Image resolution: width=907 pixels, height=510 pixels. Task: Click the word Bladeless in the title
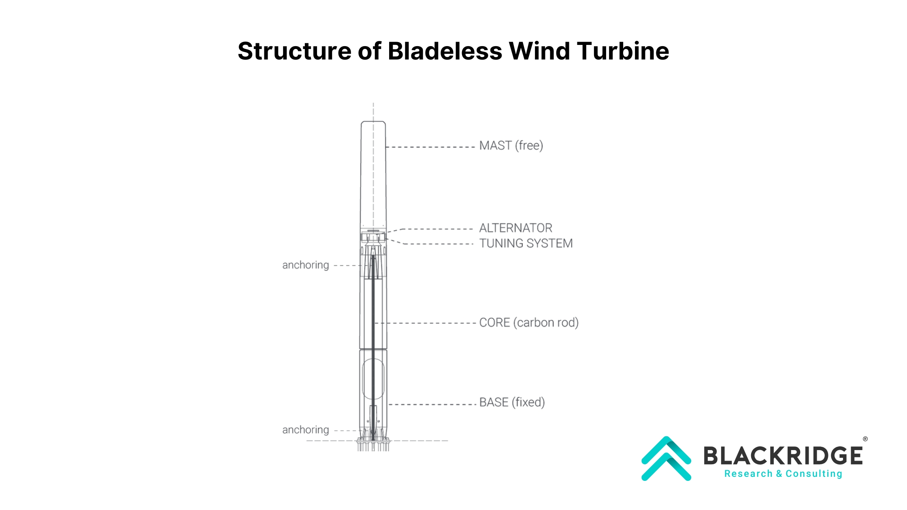[445, 51]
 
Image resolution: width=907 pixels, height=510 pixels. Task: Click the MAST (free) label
[511, 146]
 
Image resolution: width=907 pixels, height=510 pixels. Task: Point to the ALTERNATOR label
[515, 228]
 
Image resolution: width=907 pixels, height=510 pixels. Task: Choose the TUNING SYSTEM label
[526, 243]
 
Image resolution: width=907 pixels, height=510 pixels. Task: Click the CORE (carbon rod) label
[528, 323]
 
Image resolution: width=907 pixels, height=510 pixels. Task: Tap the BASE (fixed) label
[512, 402]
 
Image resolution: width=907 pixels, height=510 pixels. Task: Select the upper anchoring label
[305, 265]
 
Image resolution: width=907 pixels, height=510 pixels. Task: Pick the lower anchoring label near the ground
[305, 430]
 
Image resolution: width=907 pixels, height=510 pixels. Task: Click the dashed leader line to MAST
[430, 147]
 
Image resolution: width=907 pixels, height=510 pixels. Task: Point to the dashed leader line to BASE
[432, 404]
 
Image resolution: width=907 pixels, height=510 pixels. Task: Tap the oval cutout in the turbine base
[373, 379]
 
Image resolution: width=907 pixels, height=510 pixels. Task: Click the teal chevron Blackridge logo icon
[666, 459]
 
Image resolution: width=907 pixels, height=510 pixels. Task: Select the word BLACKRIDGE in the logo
[783, 456]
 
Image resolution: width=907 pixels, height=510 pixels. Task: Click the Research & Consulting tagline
[783, 474]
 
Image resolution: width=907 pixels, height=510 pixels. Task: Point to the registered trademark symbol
[865, 439]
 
